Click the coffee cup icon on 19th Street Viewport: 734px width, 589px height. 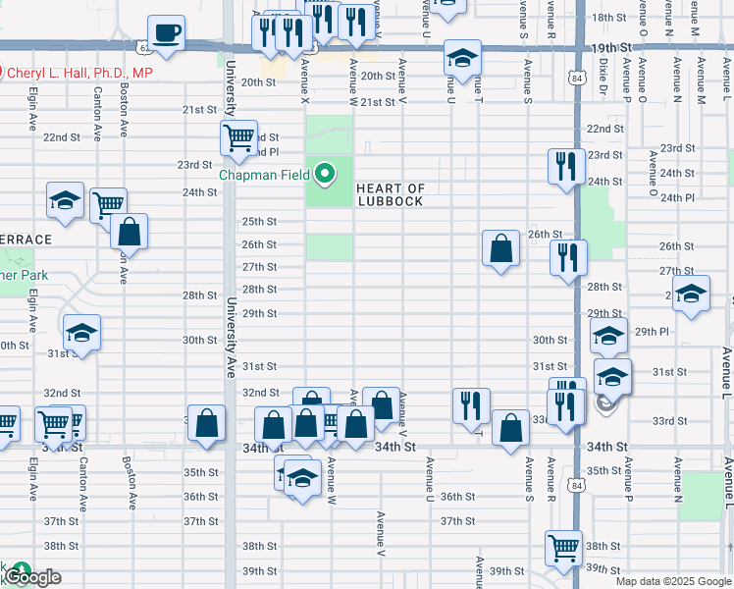[167, 32]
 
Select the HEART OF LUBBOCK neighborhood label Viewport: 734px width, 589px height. [390, 194]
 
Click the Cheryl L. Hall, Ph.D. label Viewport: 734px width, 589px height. [80, 73]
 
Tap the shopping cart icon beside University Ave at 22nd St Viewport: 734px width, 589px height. [238, 139]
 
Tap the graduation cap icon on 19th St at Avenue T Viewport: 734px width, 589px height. [461, 58]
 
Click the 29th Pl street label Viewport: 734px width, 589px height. [652, 332]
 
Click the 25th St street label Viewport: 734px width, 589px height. [259, 221]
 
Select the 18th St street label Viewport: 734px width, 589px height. [607, 18]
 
